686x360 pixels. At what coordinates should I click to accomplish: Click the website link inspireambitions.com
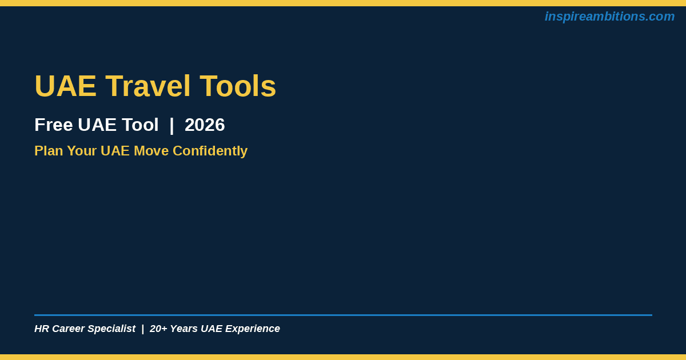(x=609, y=17)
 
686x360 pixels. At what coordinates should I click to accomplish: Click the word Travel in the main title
(x=148, y=86)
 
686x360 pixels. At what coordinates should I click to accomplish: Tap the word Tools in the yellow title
(x=238, y=86)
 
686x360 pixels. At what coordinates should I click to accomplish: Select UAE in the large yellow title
(x=66, y=86)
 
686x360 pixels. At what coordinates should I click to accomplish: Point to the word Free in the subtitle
(x=54, y=125)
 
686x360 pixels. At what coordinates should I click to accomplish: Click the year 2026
(x=205, y=125)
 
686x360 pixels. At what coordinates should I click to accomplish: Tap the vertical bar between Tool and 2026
(x=171, y=126)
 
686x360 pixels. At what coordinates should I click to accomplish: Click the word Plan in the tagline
(x=49, y=151)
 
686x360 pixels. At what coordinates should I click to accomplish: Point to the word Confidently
(x=210, y=151)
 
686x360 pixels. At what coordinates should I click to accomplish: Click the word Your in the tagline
(x=82, y=151)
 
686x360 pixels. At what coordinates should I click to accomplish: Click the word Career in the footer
(x=68, y=329)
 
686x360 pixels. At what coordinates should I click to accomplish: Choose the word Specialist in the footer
(x=111, y=329)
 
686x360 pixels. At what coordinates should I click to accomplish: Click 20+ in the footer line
(x=158, y=329)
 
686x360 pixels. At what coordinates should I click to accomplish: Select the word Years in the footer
(x=184, y=329)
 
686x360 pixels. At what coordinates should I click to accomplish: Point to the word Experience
(x=253, y=329)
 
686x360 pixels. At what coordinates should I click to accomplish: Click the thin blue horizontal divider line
(x=344, y=315)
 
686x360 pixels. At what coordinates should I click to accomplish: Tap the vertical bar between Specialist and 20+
(x=143, y=329)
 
